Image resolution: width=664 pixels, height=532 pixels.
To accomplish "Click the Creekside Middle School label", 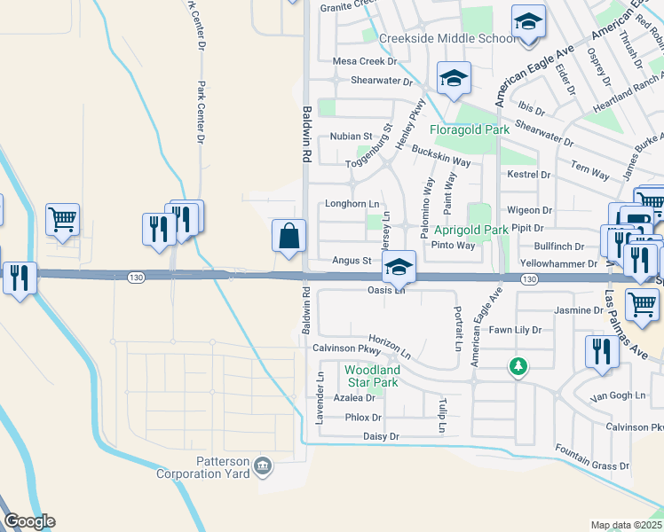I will (447, 38).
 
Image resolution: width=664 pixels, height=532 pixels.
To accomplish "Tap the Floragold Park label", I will (470, 129).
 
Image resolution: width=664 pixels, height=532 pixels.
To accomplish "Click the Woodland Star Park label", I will (372, 376).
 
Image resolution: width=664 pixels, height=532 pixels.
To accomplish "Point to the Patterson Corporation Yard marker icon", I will (263, 465).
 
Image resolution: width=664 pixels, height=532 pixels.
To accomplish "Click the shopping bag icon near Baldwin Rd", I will (289, 236).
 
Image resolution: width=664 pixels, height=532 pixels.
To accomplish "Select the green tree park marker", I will (518, 365).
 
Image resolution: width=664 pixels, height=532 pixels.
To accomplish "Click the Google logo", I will (29, 521).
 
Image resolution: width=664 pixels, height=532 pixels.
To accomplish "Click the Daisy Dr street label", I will (382, 436).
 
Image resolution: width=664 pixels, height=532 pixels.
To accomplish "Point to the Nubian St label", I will (352, 137).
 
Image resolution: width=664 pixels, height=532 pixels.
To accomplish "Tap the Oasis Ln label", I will (386, 291).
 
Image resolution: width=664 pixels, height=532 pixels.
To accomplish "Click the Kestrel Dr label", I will (529, 175).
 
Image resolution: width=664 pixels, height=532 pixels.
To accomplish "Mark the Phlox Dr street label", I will (363, 417).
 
